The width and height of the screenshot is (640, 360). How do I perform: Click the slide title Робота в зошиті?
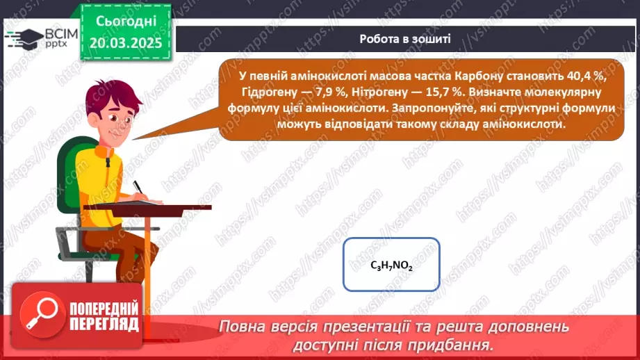pyautogui.click(x=405, y=39)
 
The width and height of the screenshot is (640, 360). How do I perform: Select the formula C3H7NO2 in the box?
pyautogui.click(x=392, y=265)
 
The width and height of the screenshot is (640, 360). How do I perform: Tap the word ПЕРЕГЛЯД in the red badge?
pyautogui.click(x=104, y=324)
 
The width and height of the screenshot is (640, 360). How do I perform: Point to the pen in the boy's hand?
pyautogui.click(x=138, y=188)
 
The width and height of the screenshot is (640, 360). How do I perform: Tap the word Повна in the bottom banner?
pyautogui.click(x=241, y=326)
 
